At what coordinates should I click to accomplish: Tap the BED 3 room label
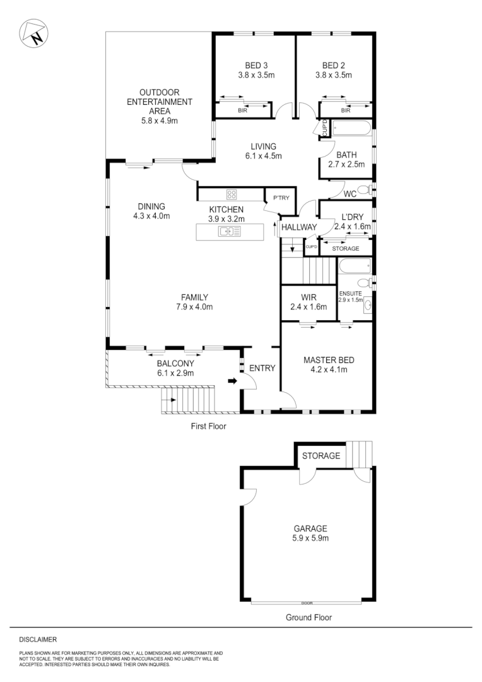(256, 65)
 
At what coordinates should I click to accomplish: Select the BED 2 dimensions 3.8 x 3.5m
(333, 75)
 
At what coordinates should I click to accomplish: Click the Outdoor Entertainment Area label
(160, 102)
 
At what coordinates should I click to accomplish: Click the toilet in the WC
(364, 189)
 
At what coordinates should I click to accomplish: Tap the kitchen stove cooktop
(231, 194)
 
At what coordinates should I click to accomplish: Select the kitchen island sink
(228, 232)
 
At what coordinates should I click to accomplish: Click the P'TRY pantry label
(280, 198)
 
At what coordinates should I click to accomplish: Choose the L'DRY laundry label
(353, 217)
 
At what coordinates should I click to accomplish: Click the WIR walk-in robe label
(309, 297)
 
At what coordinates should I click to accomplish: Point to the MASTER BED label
(329, 360)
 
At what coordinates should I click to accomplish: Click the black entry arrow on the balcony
(232, 381)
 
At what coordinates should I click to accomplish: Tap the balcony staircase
(189, 400)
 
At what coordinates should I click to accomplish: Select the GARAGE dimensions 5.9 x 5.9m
(310, 539)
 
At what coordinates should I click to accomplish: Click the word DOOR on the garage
(307, 602)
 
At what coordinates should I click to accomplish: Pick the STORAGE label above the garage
(320, 455)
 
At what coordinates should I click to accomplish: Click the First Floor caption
(208, 426)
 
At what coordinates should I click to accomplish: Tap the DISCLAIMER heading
(38, 640)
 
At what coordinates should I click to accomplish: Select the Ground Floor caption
(309, 618)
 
